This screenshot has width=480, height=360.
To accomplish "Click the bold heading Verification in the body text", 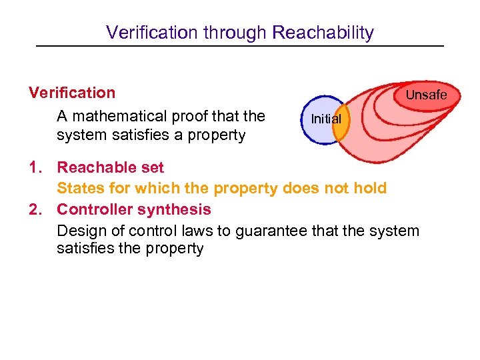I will (x=72, y=93).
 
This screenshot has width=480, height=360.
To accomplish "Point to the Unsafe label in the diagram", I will (x=426, y=95).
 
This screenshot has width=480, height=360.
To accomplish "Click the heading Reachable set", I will (x=110, y=167).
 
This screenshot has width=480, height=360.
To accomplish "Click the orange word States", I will (x=78, y=188).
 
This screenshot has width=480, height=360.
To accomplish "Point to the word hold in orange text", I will (x=371, y=188).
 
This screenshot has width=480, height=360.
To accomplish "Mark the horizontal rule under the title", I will (x=239, y=45).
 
